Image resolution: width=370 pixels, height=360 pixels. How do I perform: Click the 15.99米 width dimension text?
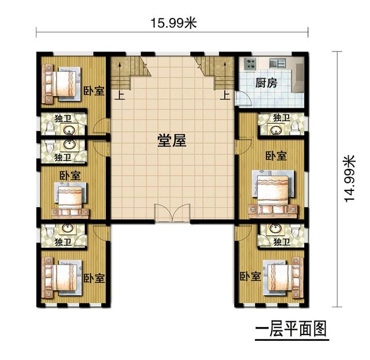[173, 23]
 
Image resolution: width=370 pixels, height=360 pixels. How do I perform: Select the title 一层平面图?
[291, 329]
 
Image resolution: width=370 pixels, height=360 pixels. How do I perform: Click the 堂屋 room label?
[172, 141]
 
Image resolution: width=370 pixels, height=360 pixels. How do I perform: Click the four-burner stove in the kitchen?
[251, 64]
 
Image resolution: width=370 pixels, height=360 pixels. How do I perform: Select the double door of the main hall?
[172, 214]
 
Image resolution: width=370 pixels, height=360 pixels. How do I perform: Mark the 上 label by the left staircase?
[121, 96]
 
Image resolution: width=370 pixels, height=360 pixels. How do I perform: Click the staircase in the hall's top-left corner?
[130, 72]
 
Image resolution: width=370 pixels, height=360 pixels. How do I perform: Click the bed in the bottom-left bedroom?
[61, 276]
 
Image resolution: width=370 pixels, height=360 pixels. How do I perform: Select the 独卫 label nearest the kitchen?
[281, 117]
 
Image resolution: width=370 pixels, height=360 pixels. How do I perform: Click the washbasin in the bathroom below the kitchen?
[271, 128]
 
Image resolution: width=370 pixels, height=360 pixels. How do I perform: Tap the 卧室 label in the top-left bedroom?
[94, 91]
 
